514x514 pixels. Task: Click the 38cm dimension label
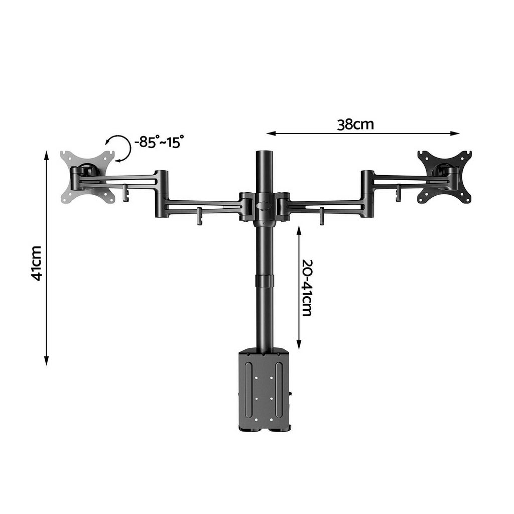[x=355, y=124]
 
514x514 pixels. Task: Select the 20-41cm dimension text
[x=307, y=288]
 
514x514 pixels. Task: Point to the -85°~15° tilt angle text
[x=159, y=142]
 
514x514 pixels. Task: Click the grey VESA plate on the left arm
[x=88, y=176]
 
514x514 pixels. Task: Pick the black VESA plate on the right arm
[x=445, y=176]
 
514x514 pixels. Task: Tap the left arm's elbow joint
[x=161, y=193]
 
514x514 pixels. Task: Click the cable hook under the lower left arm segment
[x=199, y=216]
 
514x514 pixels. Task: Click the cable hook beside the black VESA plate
[x=398, y=191]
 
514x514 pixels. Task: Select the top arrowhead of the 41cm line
[x=46, y=154]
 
